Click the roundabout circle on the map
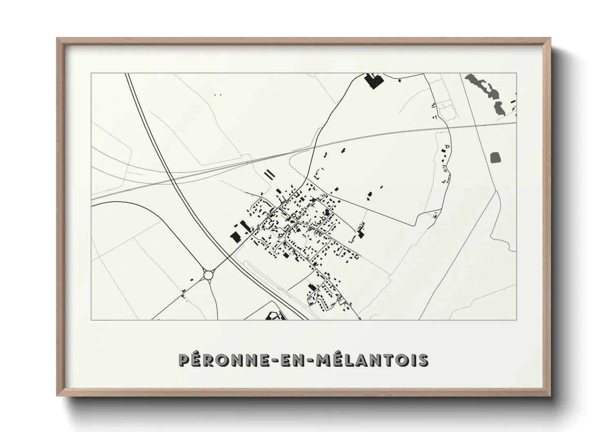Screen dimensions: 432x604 [x=208, y=274]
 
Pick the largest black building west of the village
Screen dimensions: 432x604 [x=235, y=236]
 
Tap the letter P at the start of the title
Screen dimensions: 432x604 [x=185, y=360]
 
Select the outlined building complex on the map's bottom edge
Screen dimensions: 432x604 [x=273, y=315]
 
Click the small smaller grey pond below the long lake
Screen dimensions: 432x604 [x=498, y=108]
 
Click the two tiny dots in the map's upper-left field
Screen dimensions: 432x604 [x=218, y=95]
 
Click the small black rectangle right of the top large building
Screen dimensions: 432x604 [x=399, y=81]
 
